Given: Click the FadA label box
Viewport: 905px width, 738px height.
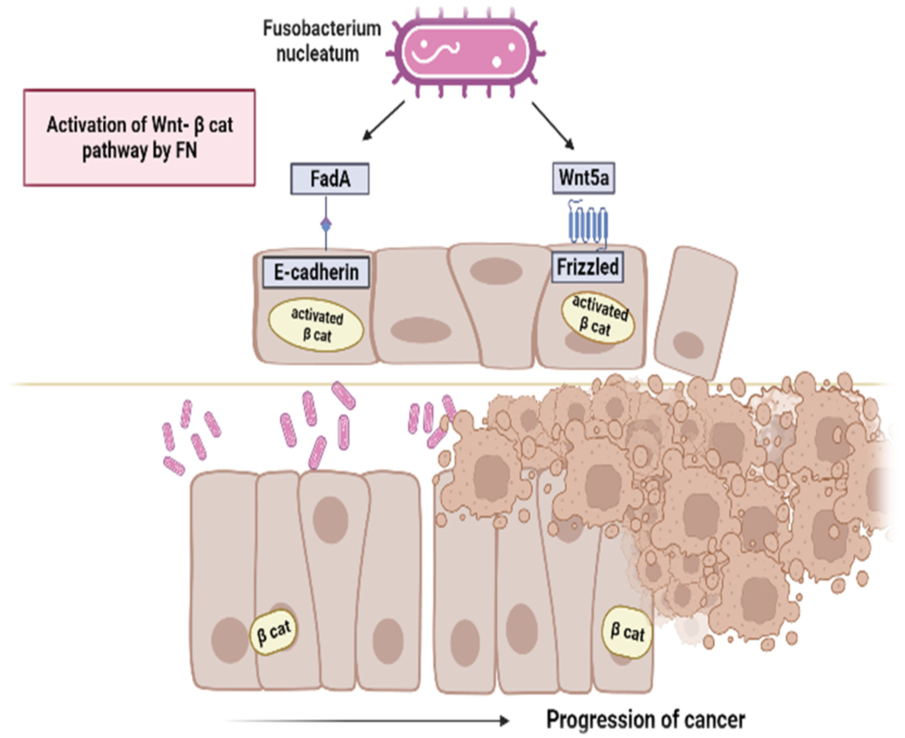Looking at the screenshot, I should (330, 179).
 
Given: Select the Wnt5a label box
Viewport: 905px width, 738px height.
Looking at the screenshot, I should (583, 178).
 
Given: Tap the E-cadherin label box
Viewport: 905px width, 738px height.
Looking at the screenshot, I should (316, 272).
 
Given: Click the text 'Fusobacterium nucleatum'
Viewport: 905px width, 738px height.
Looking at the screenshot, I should (322, 41).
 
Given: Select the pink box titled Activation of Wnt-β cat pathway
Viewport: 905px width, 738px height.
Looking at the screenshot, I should (139, 137).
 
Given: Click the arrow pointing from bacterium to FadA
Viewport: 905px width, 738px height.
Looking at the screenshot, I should (382, 121).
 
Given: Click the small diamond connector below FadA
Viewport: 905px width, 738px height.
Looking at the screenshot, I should (326, 224).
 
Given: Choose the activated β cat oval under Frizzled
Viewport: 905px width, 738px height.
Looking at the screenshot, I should (598, 318).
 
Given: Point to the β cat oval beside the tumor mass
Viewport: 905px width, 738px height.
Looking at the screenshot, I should (627, 632).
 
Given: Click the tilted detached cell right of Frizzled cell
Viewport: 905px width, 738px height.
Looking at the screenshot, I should (695, 312).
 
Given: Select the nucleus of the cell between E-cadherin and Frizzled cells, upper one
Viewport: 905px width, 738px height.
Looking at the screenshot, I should (496, 271).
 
